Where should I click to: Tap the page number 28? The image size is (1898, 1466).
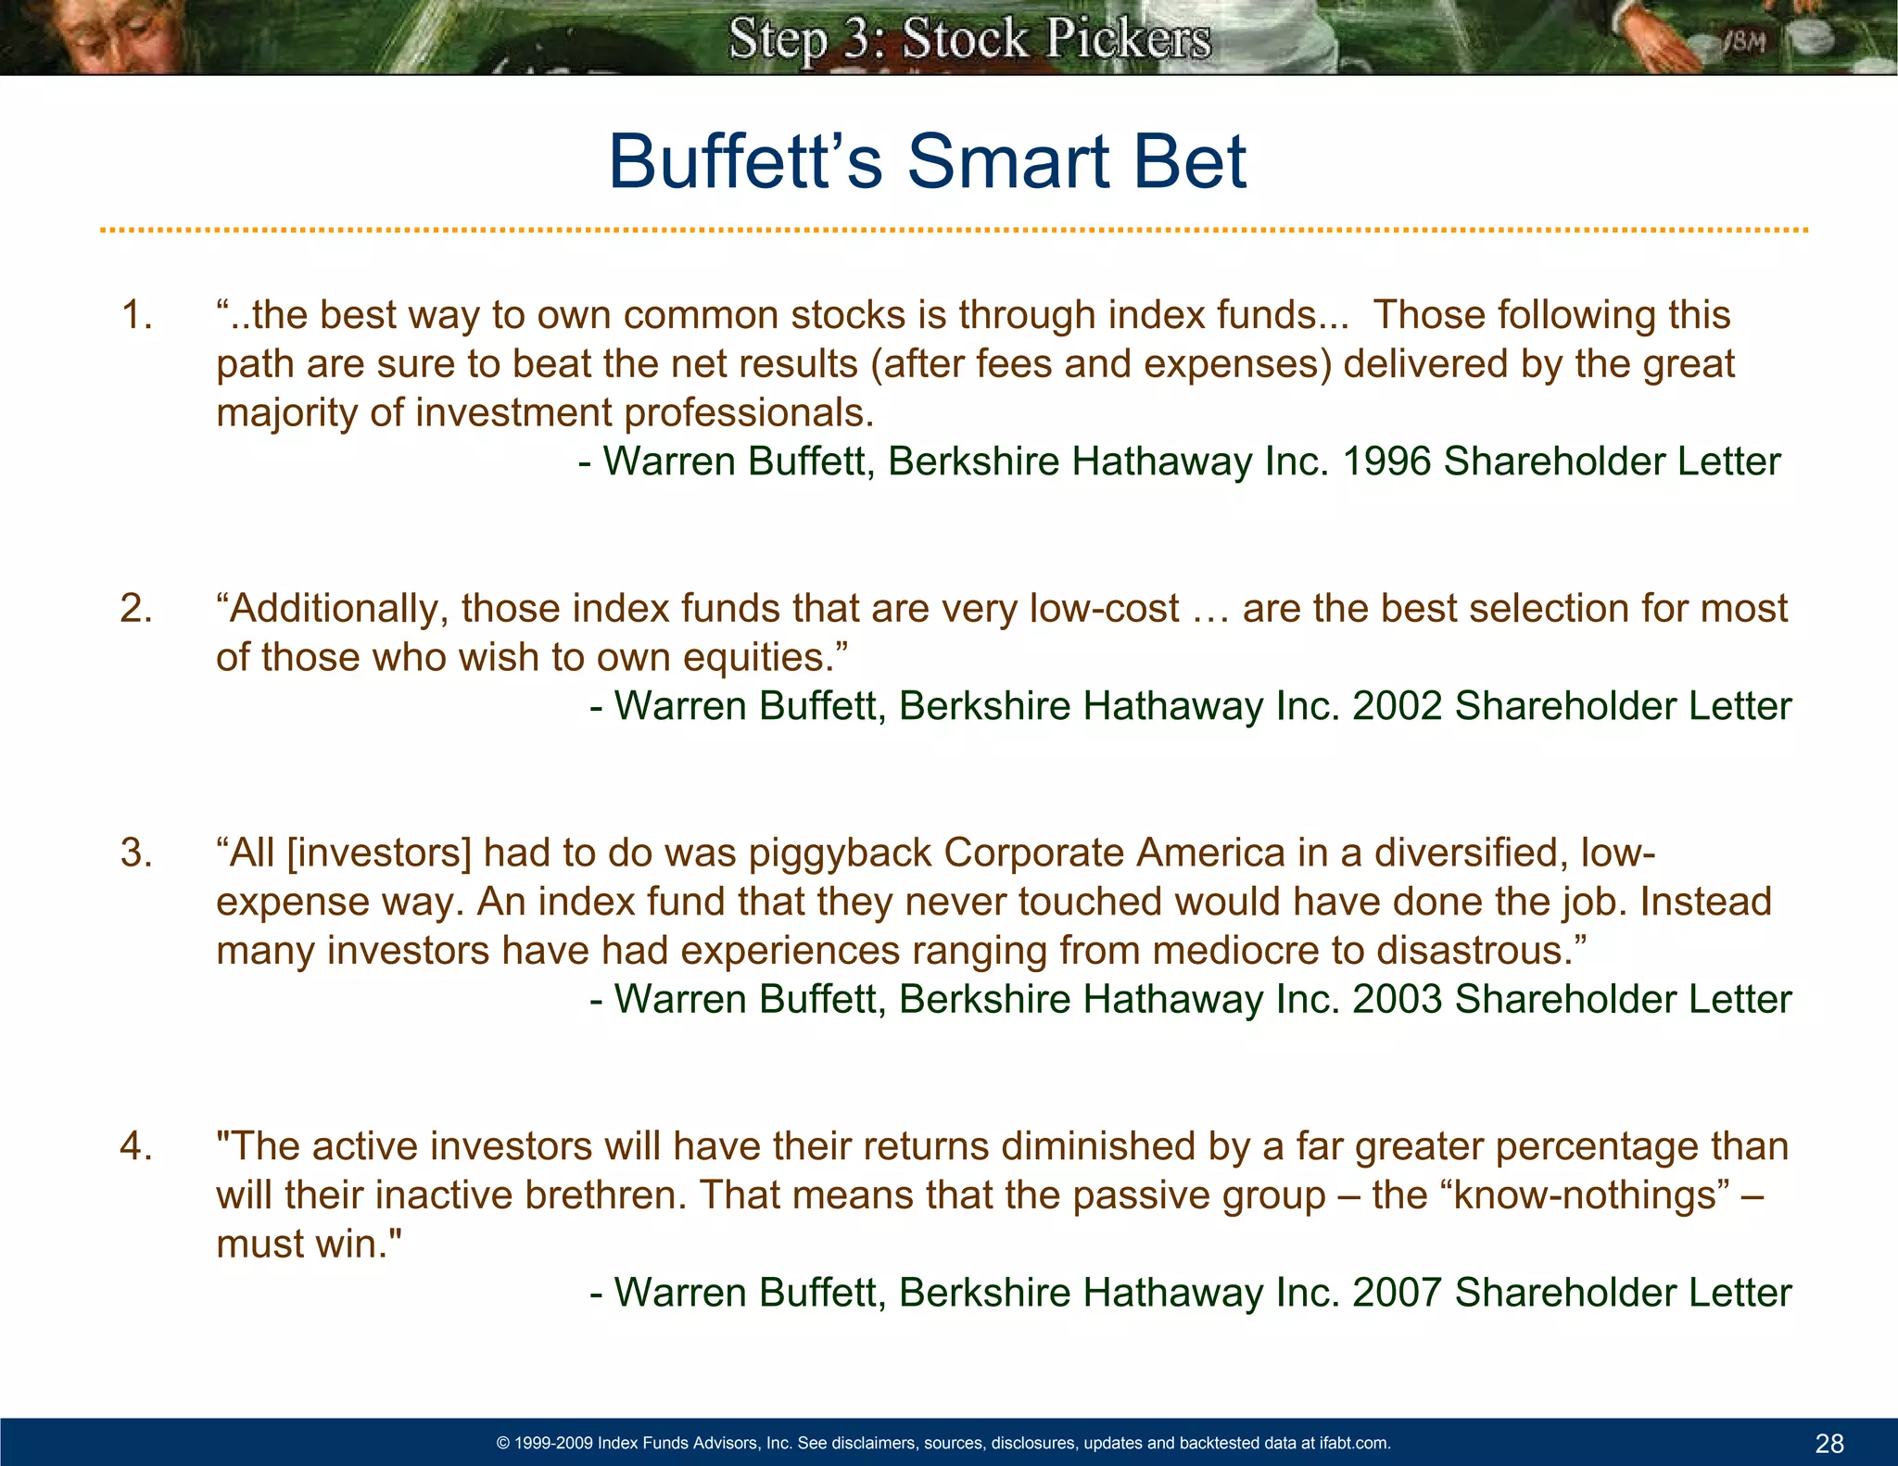(x=1829, y=1443)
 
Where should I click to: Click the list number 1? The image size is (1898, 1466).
(x=136, y=316)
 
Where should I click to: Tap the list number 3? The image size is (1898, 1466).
(x=136, y=853)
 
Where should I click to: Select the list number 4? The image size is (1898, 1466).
(x=136, y=1147)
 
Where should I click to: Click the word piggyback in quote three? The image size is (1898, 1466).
(x=840, y=853)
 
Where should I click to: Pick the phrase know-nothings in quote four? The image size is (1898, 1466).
(x=1586, y=1195)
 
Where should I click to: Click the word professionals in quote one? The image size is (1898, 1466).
(x=749, y=413)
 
